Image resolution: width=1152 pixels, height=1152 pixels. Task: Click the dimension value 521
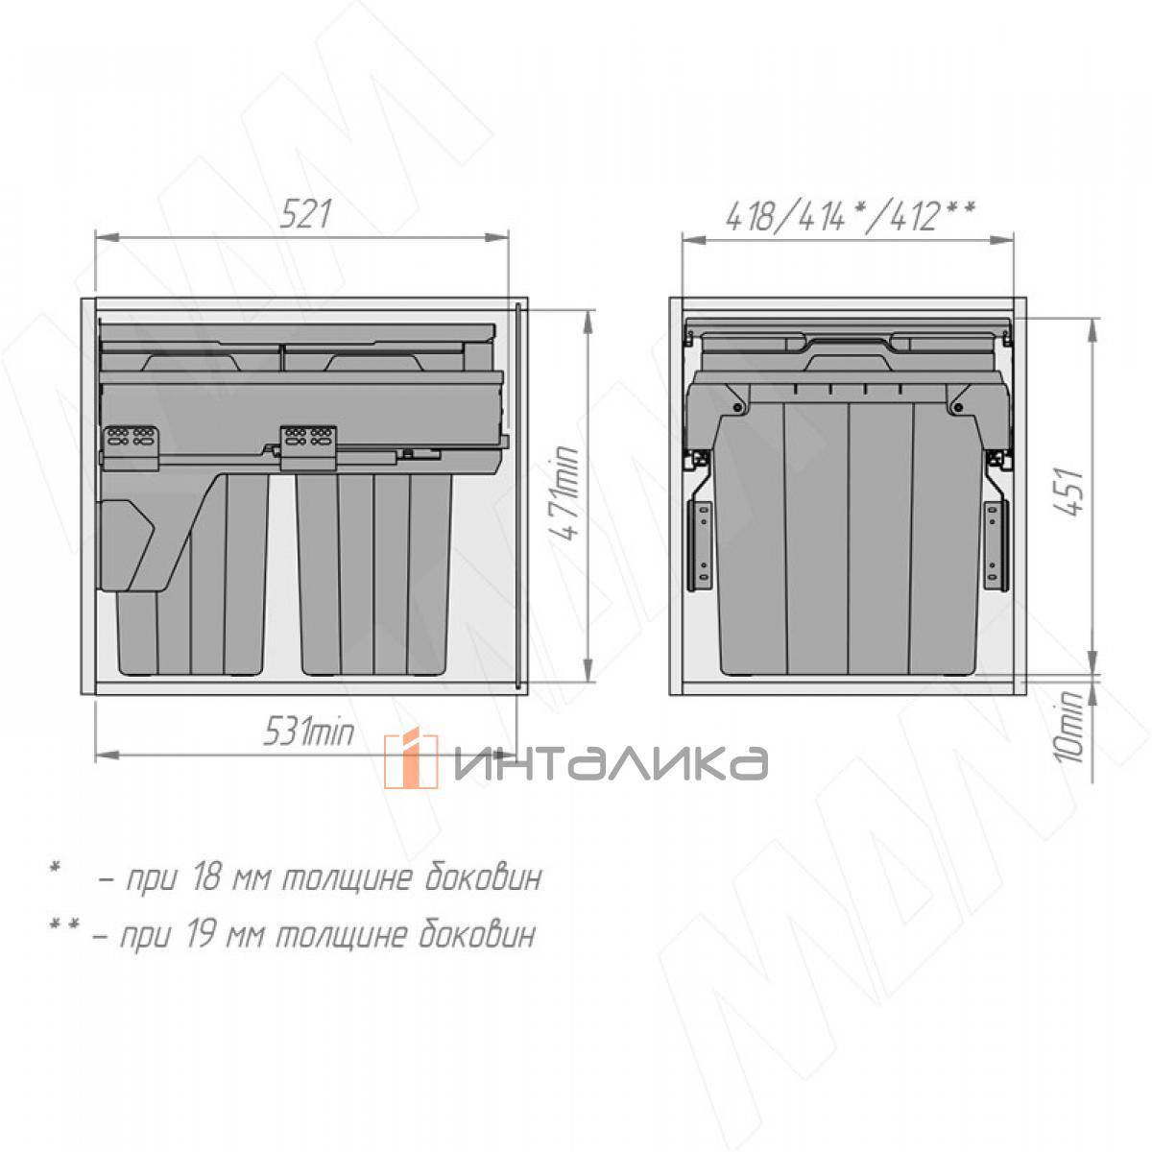click(305, 215)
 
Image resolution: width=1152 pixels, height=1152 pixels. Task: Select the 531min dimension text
click(308, 732)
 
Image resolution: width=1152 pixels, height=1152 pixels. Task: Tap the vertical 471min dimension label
click(565, 493)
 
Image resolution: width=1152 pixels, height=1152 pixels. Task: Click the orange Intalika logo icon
click(410, 759)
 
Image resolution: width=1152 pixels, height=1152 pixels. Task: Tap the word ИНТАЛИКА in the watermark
click(611, 763)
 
